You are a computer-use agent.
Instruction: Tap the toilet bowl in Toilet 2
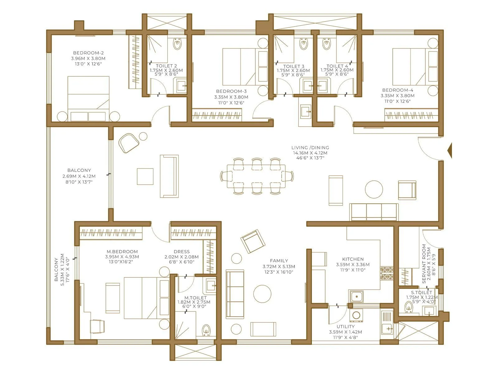coord(177,45)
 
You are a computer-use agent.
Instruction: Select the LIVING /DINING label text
coord(310,148)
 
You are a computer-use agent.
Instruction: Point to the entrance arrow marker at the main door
coord(449,151)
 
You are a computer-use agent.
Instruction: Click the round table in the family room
coord(262,294)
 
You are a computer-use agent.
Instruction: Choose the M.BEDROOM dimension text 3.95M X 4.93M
coord(122,257)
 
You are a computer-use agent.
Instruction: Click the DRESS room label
coord(182,252)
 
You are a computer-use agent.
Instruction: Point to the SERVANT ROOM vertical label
coord(424,264)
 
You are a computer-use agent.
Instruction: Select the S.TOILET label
coord(421,292)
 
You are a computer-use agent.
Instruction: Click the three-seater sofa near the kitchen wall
coord(374,212)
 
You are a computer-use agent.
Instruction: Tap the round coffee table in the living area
coord(374,189)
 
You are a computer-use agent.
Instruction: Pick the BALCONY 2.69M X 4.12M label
coord(79,170)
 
